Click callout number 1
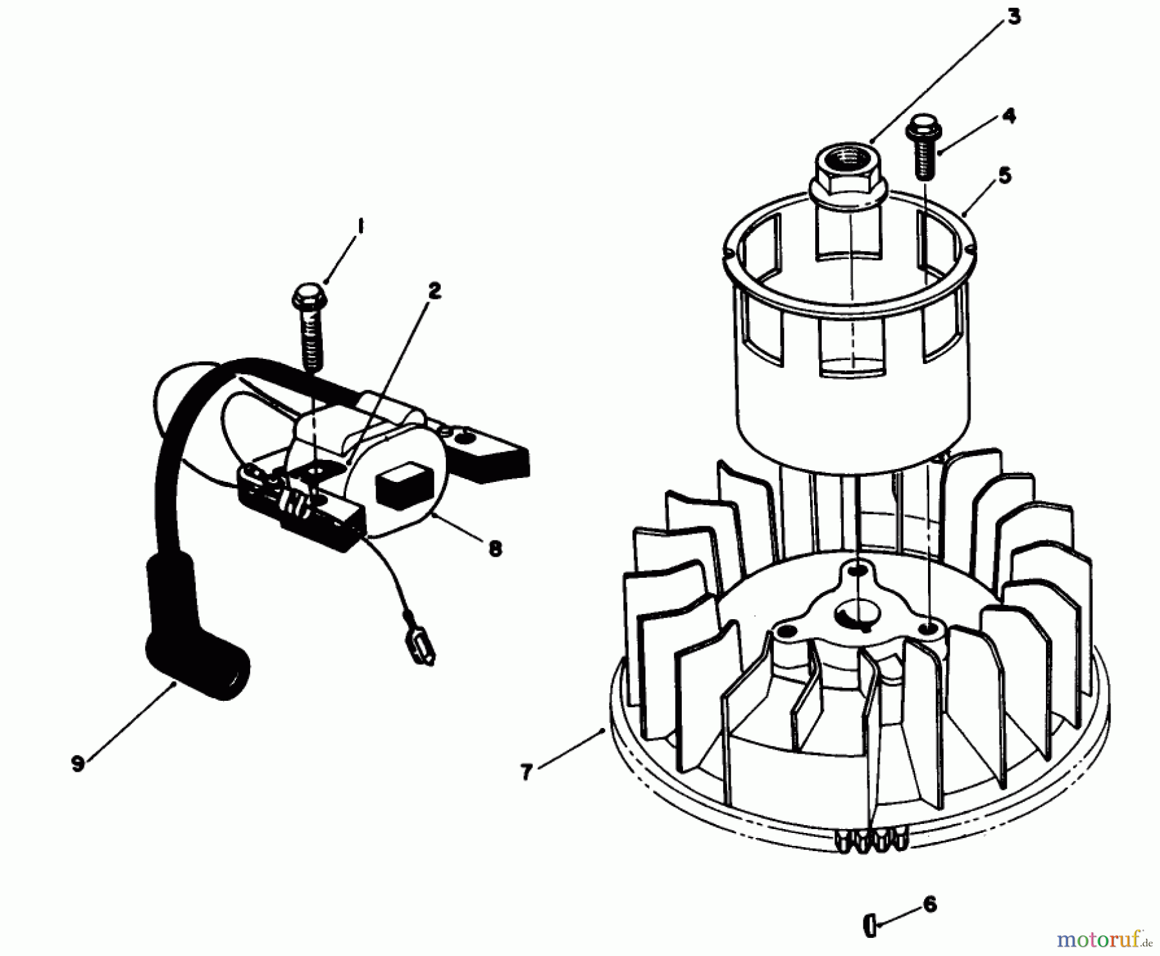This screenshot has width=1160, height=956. tap(360, 227)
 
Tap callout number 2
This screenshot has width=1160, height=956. tap(434, 291)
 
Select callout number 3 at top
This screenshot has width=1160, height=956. tap(1014, 17)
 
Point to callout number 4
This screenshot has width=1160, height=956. tap(1009, 116)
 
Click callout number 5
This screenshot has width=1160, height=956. tap(1005, 175)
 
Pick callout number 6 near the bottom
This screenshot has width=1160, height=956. tap(930, 904)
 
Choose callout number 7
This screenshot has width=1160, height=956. tap(527, 772)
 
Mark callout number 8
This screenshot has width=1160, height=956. tap(495, 549)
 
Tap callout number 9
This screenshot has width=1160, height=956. tap(78, 764)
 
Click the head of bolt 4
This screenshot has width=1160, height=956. tap(923, 129)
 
